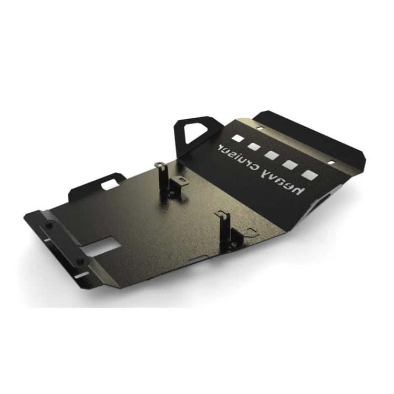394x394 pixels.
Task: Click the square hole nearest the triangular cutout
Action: [237, 138]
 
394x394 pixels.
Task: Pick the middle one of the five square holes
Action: [272, 155]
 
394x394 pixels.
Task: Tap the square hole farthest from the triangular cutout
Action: [310, 175]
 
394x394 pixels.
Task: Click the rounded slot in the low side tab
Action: [110, 185]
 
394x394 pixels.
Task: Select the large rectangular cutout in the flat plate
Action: [100, 246]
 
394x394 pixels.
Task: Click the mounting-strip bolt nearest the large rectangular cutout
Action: [80, 259]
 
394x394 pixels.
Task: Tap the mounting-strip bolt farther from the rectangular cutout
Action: [50, 224]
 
